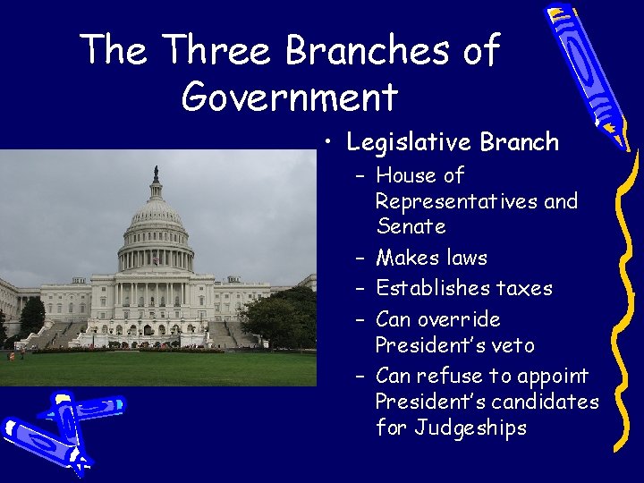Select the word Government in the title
pyautogui.click(x=289, y=97)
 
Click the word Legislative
pyautogui.click(x=410, y=142)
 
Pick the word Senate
pyautogui.click(x=411, y=226)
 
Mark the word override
pyautogui.click(x=462, y=319)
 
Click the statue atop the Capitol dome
pyautogui.click(x=156, y=174)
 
